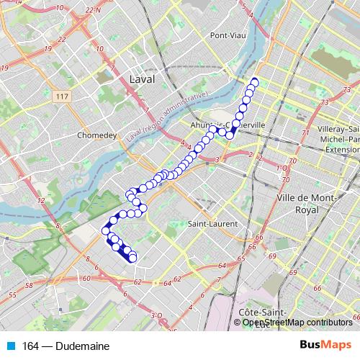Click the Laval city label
139,78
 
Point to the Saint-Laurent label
209,224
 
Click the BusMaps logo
325,346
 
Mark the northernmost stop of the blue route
254,81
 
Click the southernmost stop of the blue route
132,258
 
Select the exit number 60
86,278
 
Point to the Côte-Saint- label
264,312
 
